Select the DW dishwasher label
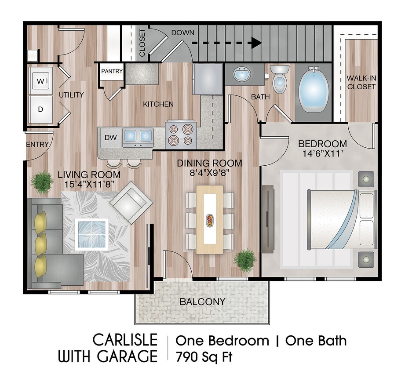[111, 138]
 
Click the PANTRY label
[112, 71]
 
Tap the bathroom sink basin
[241, 75]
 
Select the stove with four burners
[181, 135]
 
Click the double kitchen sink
[138, 137]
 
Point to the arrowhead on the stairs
[256, 43]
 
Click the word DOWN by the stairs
[183, 33]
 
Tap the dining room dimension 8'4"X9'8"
[209, 173]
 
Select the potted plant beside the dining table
[244, 260]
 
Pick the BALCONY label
[202, 302]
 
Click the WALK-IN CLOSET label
[361, 83]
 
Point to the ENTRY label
[37, 145]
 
